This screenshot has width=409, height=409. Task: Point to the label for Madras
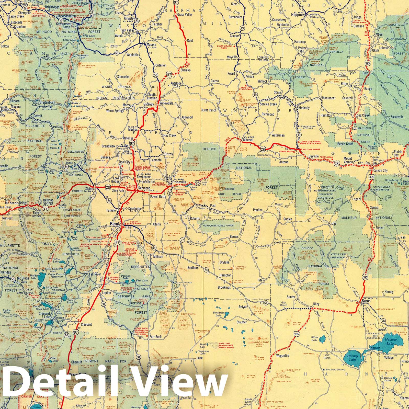point(133,130)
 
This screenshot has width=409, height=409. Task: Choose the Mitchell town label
point(248,140)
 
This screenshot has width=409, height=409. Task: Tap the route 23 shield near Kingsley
point(137,21)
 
